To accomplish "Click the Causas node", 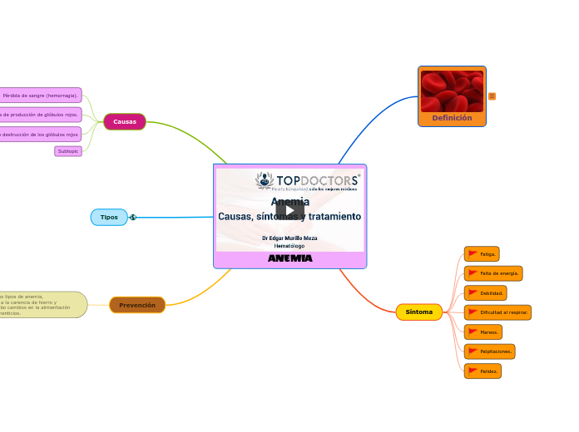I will tap(125, 122).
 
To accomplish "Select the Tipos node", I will tap(109, 218).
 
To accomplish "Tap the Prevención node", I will tap(137, 306).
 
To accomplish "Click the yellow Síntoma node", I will tap(418, 312).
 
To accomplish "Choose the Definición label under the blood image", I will tap(452, 119).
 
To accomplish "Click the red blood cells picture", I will tap(452, 91).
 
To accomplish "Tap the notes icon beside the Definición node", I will tap(492, 96).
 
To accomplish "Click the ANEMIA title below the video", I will tap(289, 258).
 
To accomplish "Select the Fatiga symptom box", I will tap(482, 254).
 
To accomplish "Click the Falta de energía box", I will tap(493, 273).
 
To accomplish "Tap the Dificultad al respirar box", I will tap(497, 312).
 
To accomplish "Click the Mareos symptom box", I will tap(482, 332).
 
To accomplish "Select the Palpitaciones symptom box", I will tap(489, 351).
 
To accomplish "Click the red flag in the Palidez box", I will tap(473, 371).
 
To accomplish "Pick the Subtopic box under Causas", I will tap(68, 151).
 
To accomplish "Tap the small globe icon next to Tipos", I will tap(133, 218).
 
